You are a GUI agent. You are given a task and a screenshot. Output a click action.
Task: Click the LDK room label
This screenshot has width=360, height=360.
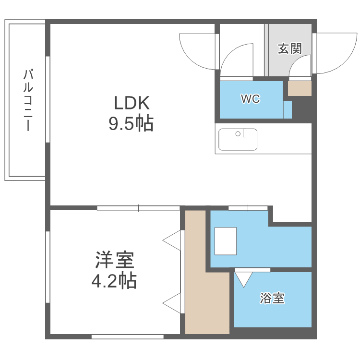click(132, 103)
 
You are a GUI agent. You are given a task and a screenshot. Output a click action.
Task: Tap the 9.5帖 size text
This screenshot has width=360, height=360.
click(131, 124)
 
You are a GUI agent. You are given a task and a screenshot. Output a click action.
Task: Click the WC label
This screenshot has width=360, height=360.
click(250, 99)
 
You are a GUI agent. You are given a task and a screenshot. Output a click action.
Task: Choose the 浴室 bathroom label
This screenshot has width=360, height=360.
click(272, 299)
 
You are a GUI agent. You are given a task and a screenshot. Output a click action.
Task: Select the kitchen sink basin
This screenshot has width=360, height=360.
click(238, 139)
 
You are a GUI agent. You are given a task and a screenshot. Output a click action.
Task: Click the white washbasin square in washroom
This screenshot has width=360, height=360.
click(226, 241)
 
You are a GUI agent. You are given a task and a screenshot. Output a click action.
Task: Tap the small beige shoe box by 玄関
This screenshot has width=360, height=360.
click(300, 88)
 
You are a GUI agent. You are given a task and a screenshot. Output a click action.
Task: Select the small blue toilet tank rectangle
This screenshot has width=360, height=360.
click(288, 109)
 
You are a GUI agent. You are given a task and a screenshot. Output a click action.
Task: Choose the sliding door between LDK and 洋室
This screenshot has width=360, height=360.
click(138, 208)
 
